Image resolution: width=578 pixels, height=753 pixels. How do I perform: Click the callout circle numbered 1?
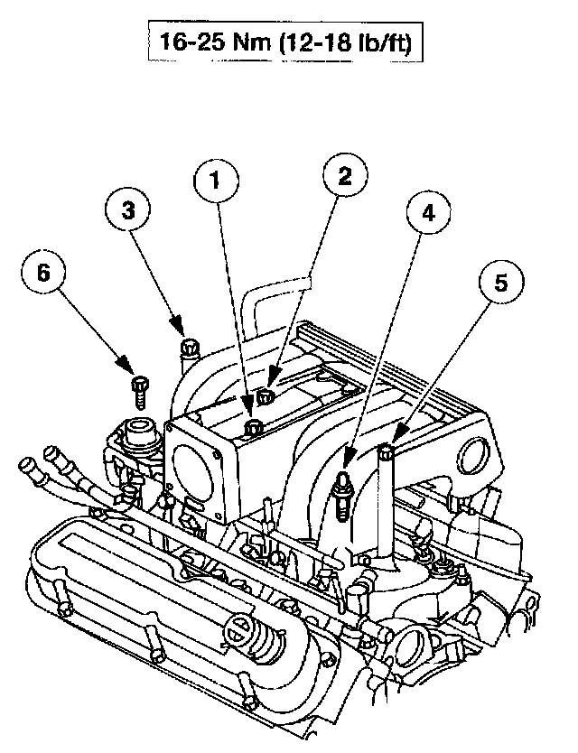[x=215, y=181]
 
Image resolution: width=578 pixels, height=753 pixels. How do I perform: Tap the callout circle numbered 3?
[x=128, y=210]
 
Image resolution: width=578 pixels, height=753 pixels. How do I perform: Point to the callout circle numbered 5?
[x=499, y=282]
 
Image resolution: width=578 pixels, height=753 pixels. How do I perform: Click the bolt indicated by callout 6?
[x=139, y=388]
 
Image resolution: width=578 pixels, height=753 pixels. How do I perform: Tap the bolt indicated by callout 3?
[x=189, y=347]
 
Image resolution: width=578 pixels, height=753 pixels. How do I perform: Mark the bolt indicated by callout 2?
[x=266, y=395]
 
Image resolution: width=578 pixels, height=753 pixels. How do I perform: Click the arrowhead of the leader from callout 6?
[x=130, y=368]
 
